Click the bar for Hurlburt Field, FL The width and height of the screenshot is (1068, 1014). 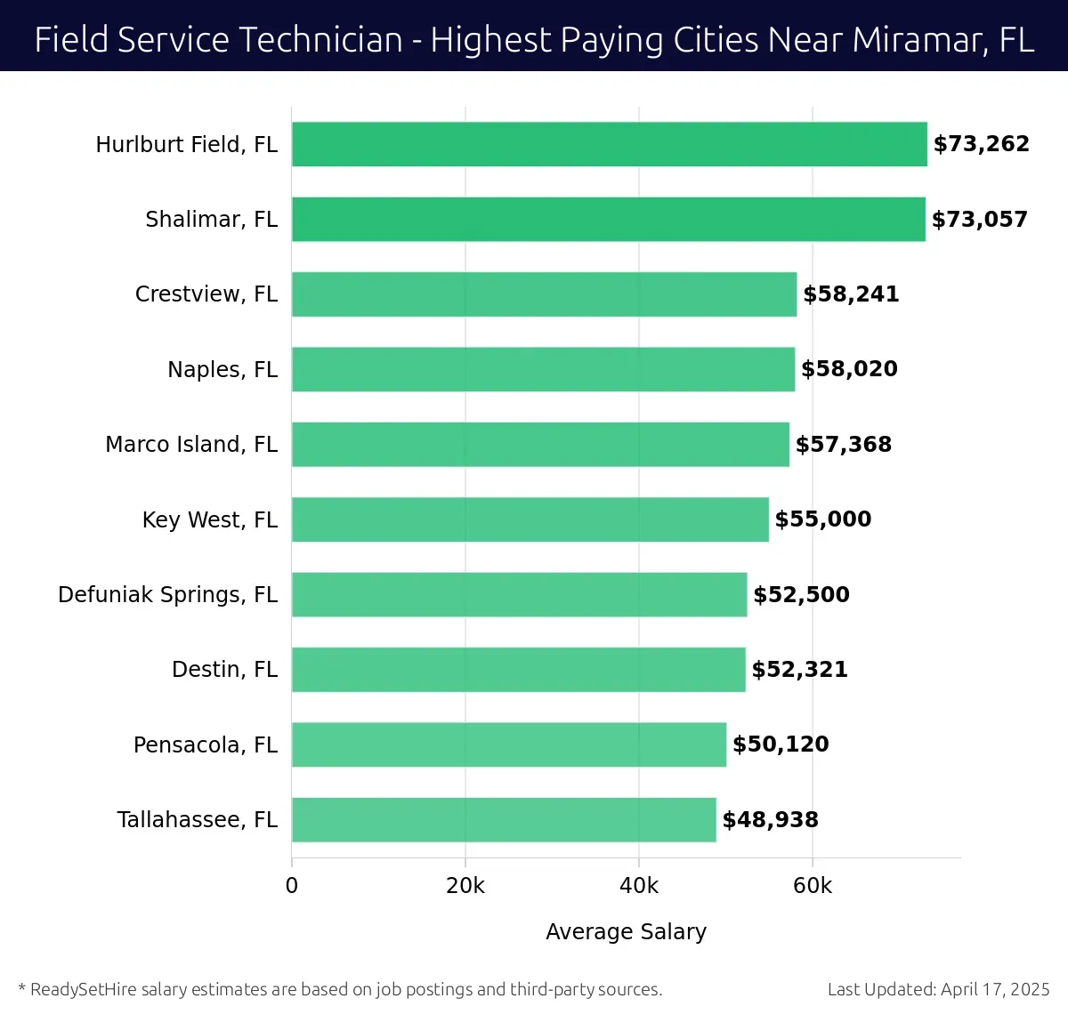pos(609,144)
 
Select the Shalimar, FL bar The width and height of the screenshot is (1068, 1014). pos(608,219)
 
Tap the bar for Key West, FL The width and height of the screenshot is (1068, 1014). pos(530,519)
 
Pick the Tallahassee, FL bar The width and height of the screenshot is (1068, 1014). pos(504,819)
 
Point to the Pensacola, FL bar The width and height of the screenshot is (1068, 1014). pos(508,744)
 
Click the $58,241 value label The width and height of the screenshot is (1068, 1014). pos(851,294)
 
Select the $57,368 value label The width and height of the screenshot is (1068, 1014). pos(843,444)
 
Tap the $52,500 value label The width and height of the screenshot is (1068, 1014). pos(801,594)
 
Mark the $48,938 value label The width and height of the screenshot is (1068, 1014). pos(770,819)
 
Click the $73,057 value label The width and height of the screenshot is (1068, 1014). pos(979,219)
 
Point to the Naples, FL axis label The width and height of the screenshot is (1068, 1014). pos(222,369)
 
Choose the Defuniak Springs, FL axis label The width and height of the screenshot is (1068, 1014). pos(167,594)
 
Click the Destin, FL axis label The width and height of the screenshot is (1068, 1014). pos(224,669)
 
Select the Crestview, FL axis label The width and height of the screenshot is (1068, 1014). pos(206,294)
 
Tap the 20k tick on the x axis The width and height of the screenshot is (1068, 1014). pos(465,886)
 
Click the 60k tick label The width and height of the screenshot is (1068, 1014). pos(813,886)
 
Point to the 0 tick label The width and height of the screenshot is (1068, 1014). pos(292,886)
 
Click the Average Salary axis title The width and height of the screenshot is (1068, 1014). pos(626,931)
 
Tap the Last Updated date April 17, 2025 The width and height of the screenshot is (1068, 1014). pos(995,989)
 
